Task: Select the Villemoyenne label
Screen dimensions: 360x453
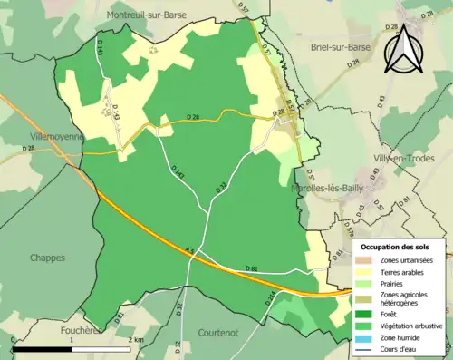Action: pyautogui.click(x=55, y=136)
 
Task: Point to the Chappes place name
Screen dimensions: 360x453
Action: pyautogui.click(x=47, y=258)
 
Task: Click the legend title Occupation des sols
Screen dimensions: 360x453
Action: pyautogui.click(x=401, y=246)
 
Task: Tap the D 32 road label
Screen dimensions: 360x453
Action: pyautogui.click(x=219, y=187)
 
